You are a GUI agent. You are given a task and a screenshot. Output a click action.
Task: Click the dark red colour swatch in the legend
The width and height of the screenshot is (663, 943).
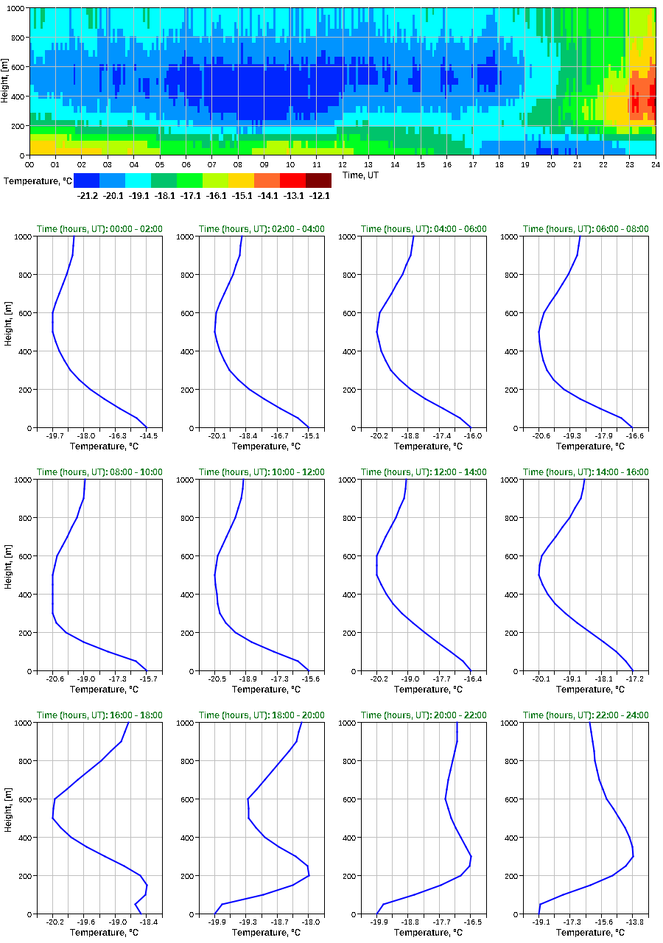pyautogui.click(x=318, y=180)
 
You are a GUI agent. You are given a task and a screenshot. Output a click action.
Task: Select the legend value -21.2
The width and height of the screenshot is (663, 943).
pyautogui.click(x=88, y=196)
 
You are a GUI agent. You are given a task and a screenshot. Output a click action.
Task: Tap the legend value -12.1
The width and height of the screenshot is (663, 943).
pyautogui.click(x=320, y=196)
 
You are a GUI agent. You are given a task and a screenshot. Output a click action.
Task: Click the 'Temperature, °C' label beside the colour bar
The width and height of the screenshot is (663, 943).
pyautogui.click(x=37, y=180)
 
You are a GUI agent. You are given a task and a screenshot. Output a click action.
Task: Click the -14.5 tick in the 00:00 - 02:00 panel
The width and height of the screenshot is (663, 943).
pyautogui.click(x=147, y=436)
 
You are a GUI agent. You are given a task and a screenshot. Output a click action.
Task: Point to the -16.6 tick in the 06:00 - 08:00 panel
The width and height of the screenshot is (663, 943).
pyautogui.click(x=633, y=436)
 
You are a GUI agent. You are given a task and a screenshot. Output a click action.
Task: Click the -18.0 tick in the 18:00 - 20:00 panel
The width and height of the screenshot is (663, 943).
pyautogui.click(x=310, y=922)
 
